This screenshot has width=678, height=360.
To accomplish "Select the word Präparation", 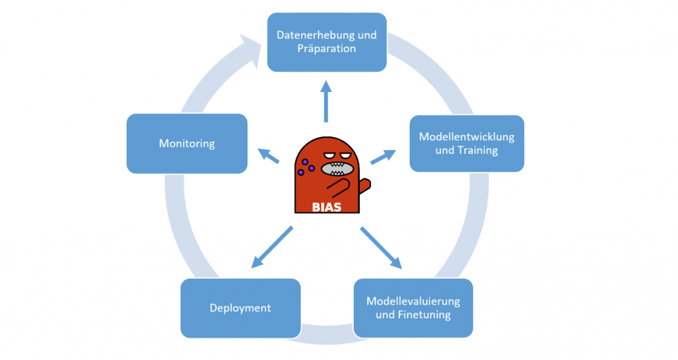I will pos(327,49).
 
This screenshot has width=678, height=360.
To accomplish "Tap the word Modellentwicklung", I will pos(467,137).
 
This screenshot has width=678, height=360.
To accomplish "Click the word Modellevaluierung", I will pos(413,301).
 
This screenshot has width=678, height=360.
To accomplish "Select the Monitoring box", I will pos(187,144).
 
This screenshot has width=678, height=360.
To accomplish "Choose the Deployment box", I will pos(240,308).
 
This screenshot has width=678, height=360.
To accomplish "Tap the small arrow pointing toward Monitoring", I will pos(268,155).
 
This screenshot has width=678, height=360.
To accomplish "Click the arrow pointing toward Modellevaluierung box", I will pos(381,248).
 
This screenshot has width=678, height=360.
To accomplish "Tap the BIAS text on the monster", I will pos(327,207).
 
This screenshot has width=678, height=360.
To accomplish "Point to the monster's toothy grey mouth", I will pos(338,168).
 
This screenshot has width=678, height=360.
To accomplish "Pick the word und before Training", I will pos(445,150).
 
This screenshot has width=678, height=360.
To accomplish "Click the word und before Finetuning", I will pos(385,314).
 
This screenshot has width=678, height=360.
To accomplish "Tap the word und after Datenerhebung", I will pos(367,35).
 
